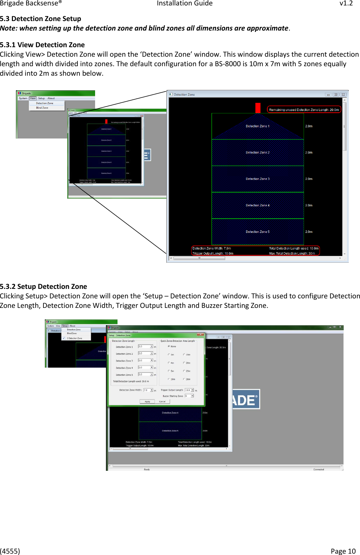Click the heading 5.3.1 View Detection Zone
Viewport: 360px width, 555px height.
(x=42, y=45)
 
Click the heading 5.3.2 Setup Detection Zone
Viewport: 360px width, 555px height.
(x=43, y=286)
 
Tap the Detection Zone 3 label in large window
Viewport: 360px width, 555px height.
(x=257, y=179)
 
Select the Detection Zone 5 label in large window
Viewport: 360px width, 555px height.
(x=257, y=232)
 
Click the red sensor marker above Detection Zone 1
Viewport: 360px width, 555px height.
(x=258, y=108)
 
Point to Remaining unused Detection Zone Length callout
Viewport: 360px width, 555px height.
(x=304, y=110)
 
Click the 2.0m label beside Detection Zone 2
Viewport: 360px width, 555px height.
(x=309, y=153)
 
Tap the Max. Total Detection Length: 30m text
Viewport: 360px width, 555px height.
(x=292, y=254)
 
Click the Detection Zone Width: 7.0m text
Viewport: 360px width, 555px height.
(x=212, y=248)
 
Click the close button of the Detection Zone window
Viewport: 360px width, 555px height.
(x=343, y=95)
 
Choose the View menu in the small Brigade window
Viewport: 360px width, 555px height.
(x=33, y=98)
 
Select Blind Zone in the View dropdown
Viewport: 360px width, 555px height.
(x=42, y=108)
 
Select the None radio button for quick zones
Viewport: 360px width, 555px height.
(x=169, y=346)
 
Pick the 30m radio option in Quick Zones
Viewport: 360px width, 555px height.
(x=184, y=379)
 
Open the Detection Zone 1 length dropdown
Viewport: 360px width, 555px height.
(x=151, y=347)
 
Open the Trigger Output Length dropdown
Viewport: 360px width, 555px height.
(x=192, y=390)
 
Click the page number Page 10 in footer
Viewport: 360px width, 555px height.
(x=343, y=551)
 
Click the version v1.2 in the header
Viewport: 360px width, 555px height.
(x=346, y=3)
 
